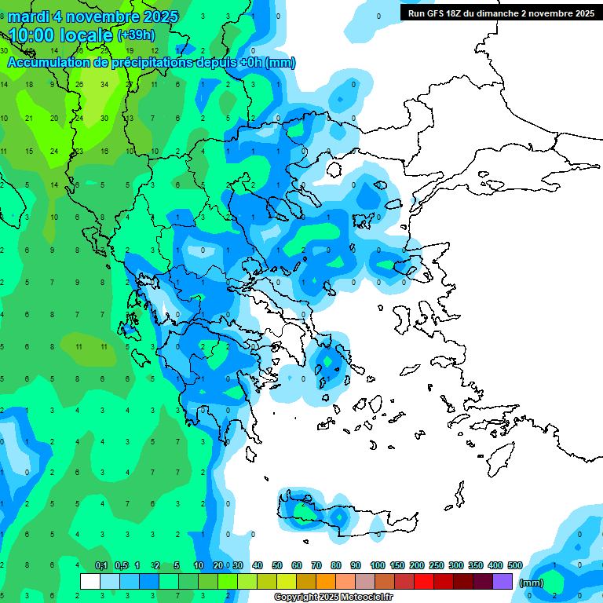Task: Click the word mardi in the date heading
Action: point(30,16)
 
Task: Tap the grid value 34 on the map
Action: point(104,84)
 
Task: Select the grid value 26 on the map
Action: point(79,84)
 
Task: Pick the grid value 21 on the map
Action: point(29,118)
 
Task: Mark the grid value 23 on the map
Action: point(79,151)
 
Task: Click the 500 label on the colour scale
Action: point(515,566)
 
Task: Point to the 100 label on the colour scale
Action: point(378,566)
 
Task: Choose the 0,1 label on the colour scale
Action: point(101,566)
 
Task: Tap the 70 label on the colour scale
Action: point(316,566)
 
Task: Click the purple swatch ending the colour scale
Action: point(503,581)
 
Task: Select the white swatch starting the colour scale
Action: point(90,581)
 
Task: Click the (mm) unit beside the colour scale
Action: point(532,583)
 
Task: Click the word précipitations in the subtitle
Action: point(149,63)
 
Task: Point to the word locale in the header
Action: point(87,35)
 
